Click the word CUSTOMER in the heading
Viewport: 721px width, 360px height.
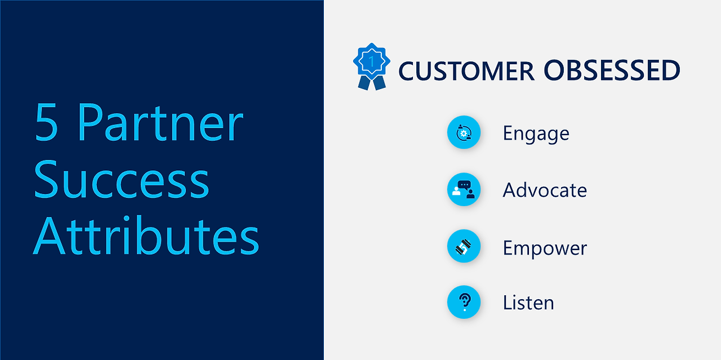(466, 71)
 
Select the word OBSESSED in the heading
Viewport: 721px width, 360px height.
(612, 71)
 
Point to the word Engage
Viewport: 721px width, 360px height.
(536, 134)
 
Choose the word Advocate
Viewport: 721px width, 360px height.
(545, 190)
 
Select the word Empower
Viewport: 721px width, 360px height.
(545, 248)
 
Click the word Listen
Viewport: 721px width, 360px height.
(528, 303)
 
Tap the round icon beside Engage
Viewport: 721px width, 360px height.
(464, 133)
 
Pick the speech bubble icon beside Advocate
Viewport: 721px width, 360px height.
(464, 189)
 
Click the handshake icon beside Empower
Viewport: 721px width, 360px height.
(464, 246)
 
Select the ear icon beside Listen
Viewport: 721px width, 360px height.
(464, 302)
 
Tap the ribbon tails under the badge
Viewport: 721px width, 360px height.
(372, 83)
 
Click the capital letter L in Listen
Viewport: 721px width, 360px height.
(508, 303)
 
